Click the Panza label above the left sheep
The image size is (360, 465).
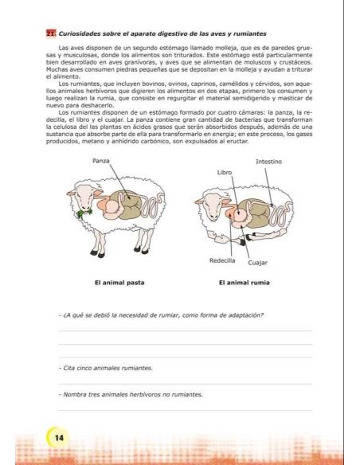tap(100, 161)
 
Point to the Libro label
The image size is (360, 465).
tap(225, 172)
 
